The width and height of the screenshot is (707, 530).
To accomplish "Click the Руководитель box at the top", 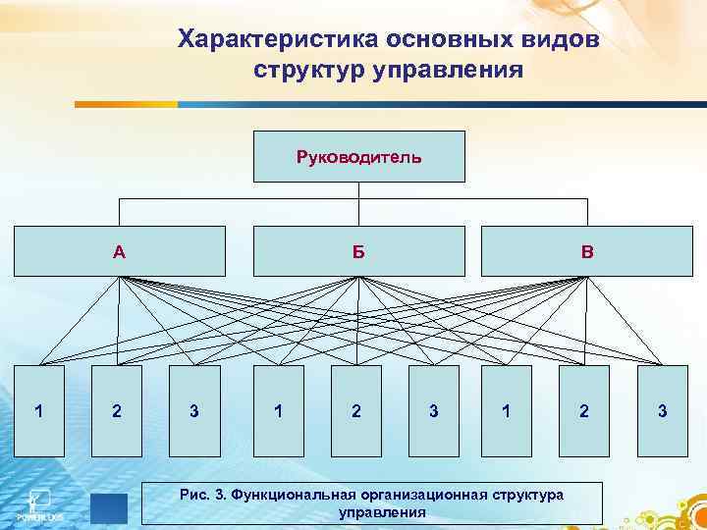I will click(x=358, y=156).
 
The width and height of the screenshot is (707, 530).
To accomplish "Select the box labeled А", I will click(x=119, y=251).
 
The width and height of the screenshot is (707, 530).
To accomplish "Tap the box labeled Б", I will click(x=358, y=251).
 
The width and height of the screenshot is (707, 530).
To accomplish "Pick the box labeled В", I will click(x=586, y=251).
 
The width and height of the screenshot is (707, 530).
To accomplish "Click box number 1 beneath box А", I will click(x=38, y=410).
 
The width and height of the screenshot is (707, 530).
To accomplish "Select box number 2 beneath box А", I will click(x=117, y=410).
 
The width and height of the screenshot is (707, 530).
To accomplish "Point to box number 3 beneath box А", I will click(x=194, y=410).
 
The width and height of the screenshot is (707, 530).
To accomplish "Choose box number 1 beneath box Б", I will click(x=279, y=410).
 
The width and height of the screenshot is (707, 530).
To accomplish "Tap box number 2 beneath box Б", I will click(x=355, y=410).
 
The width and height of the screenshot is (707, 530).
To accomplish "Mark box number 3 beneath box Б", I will click(x=434, y=410).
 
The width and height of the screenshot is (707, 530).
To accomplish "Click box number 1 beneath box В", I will click(x=506, y=410).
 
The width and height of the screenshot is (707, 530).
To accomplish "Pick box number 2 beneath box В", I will click(x=584, y=410).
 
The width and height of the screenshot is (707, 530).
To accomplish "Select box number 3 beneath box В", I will click(x=663, y=410).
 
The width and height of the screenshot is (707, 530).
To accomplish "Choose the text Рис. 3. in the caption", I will click(x=204, y=495).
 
